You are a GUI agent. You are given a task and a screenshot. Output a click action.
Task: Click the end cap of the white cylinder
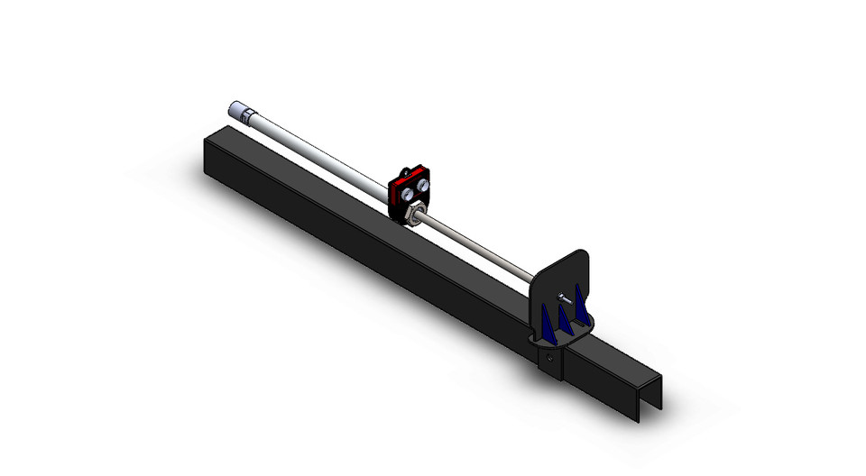[233, 108]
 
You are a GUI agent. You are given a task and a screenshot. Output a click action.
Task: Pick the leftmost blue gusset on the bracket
[547, 324]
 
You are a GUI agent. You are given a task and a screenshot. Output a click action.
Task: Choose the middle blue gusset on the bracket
[564, 318]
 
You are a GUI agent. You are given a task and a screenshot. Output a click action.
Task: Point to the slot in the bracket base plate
[552, 340]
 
